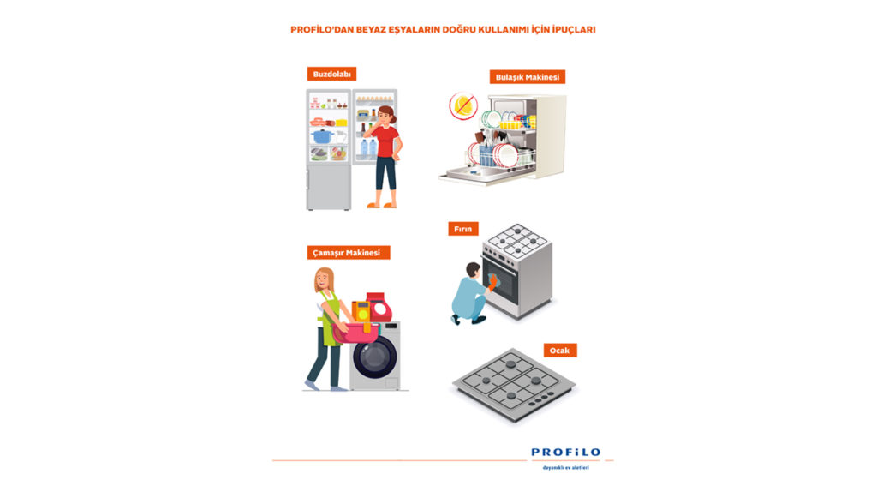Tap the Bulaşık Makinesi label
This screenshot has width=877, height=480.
coord(528,77)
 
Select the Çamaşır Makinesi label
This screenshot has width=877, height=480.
coord(349,252)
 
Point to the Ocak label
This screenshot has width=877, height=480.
coord(561,350)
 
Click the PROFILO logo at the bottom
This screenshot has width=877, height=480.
coord(565,453)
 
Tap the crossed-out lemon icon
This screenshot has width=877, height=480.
coord(463,106)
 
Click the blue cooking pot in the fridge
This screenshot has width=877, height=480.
coord(322,135)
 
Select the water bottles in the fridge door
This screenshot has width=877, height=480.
coord(367,149)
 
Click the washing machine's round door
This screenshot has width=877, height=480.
coord(376,357)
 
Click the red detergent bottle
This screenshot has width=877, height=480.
coord(376,306)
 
